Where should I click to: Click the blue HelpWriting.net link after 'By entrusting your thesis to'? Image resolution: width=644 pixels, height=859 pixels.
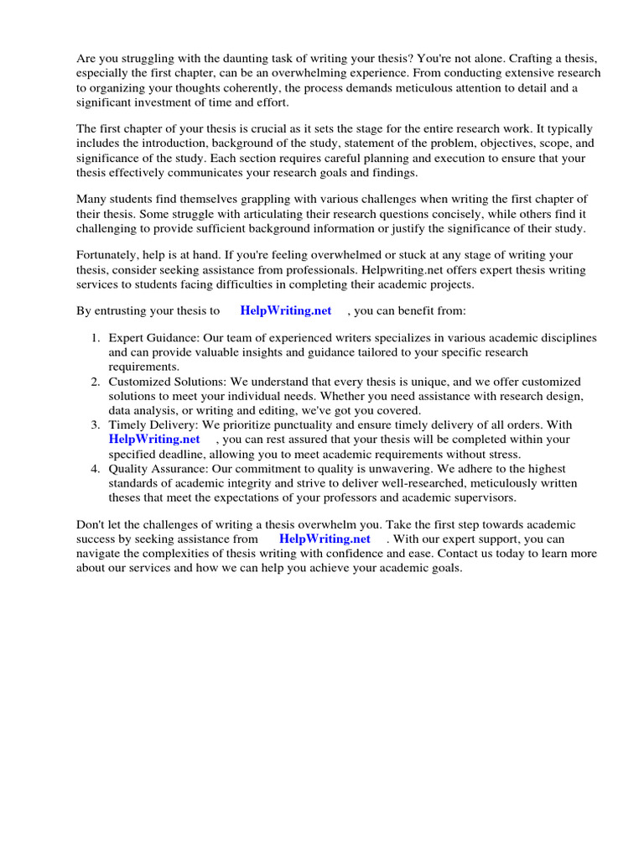(286, 310)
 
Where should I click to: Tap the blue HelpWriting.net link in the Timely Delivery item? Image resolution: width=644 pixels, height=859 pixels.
(154, 439)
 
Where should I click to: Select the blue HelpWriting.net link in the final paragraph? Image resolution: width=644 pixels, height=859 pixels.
(325, 539)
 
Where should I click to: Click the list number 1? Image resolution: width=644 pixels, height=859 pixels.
(96, 337)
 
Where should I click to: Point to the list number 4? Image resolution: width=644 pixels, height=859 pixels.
(96, 468)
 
